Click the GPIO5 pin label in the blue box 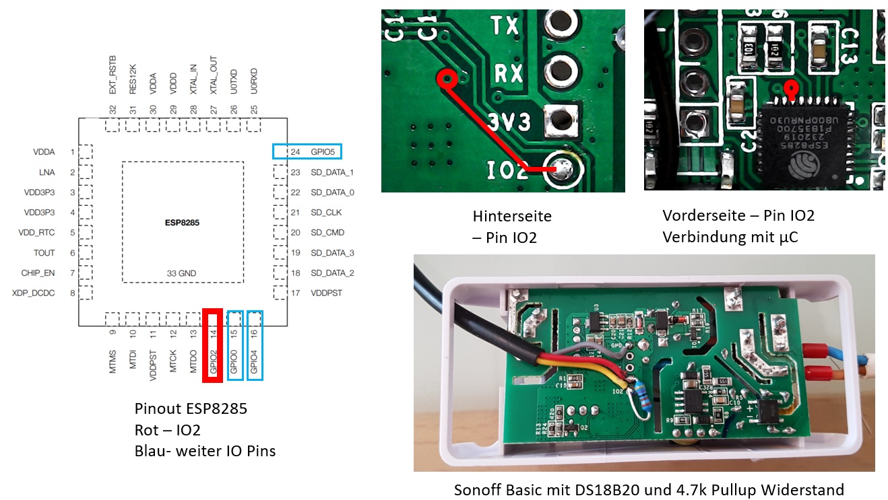[323, 152]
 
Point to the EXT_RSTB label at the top [113, 75]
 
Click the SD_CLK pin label [327, 213]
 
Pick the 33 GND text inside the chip [182, 273]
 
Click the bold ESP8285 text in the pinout [182, 221]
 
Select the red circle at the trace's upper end [446, 79]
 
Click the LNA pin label [47, 172]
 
